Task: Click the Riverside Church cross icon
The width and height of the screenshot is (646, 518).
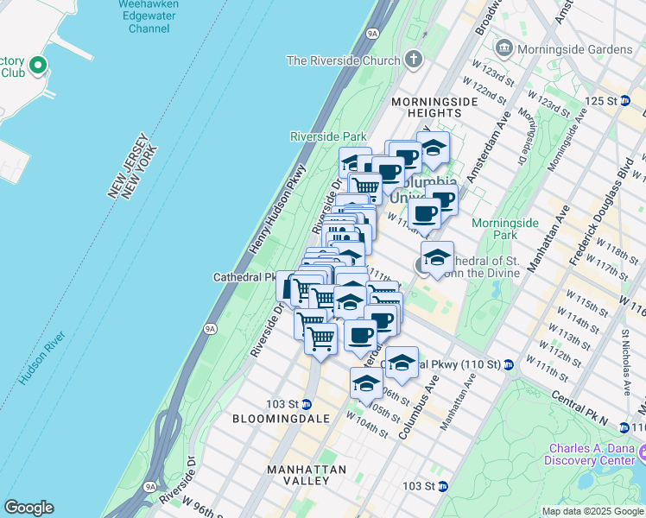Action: click(414, 60)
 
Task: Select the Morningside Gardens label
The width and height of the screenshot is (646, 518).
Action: click(574, 48)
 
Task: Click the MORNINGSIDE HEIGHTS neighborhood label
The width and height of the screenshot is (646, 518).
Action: click(434, 107)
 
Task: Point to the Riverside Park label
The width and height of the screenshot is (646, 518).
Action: click(328, 136)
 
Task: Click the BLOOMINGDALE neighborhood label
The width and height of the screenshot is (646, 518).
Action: click(282, 418)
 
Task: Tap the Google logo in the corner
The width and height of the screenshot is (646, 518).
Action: click(28, 508)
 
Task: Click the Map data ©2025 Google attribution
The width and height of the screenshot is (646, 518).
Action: click(592, 511)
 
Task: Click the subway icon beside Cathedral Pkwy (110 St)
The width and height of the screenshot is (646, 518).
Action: click(509, 364)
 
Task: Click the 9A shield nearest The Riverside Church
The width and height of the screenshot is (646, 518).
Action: click(372, 33)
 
